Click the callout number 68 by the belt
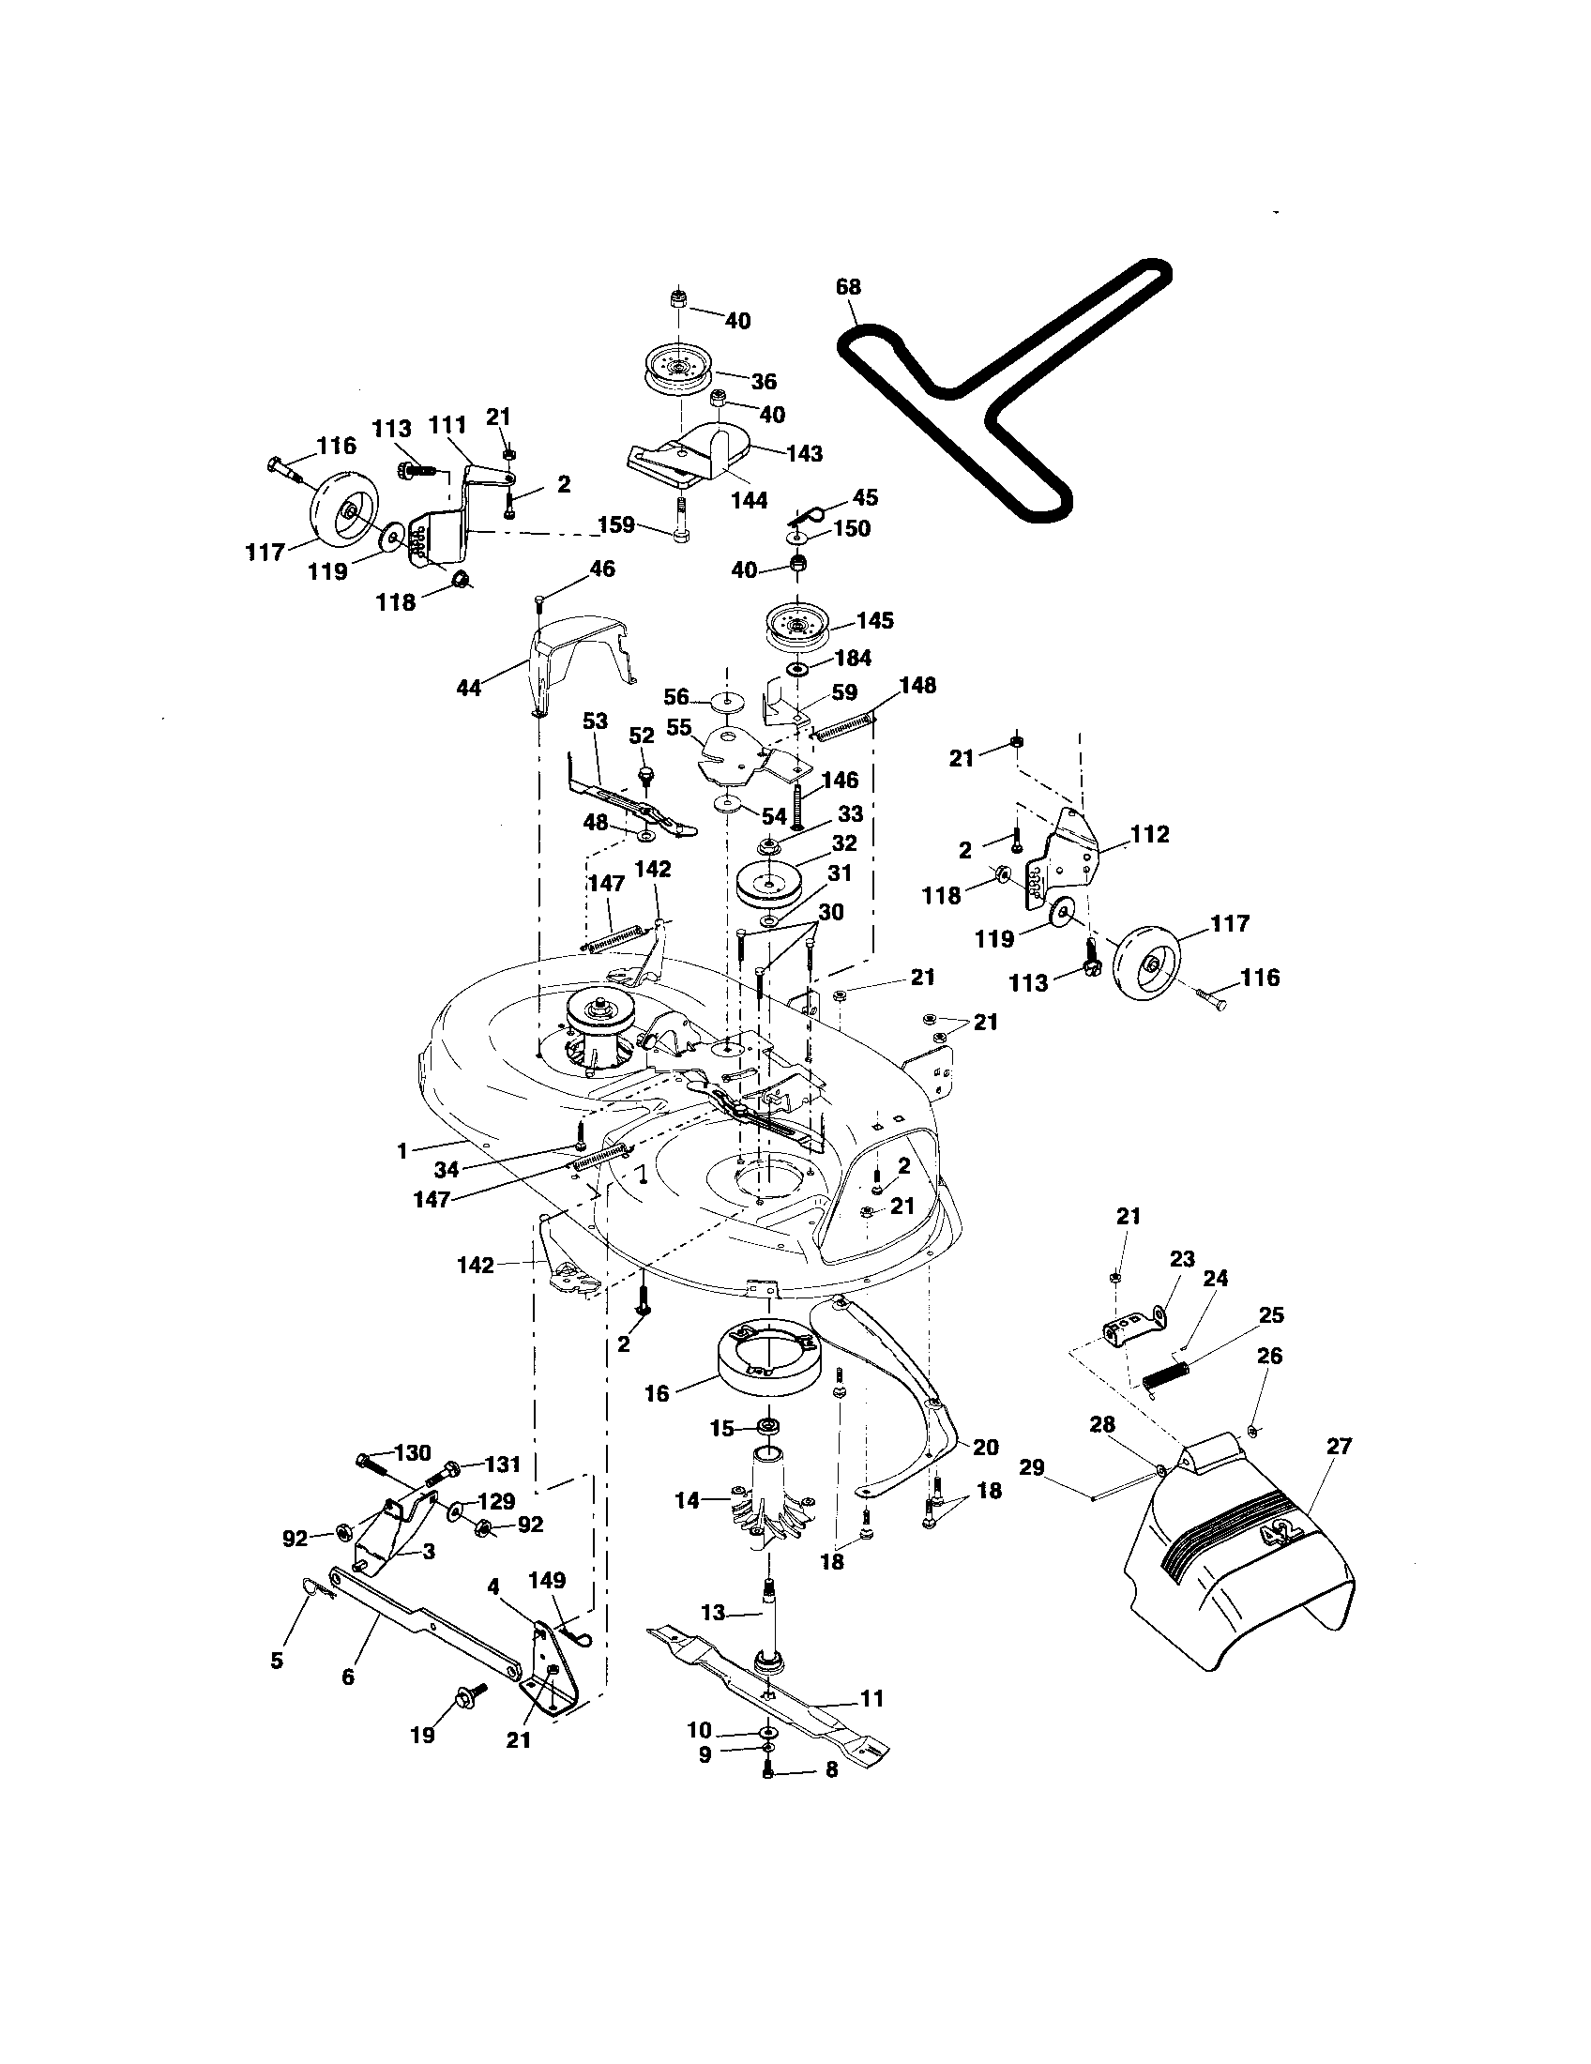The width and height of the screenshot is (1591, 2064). point(847,286)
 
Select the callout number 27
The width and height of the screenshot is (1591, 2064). point(1338,1446)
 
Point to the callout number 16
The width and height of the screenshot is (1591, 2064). point(657,1393)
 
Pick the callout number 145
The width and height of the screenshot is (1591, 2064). point(874,621)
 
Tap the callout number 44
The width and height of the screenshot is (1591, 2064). point(469,689)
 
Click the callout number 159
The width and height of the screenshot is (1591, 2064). point(616,524)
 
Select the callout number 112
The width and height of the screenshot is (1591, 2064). point(1149,834)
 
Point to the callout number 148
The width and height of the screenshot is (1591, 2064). point(917,685)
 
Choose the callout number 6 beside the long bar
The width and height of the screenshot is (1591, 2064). point(347,1677)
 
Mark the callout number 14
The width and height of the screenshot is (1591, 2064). point(688,1500)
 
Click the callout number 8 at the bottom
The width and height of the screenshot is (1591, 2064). point(830,1770)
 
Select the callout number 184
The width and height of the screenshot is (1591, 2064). point(853,658)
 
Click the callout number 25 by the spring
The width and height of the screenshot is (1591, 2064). point(1271,1314)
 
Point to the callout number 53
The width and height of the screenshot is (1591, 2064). point(594,721)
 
